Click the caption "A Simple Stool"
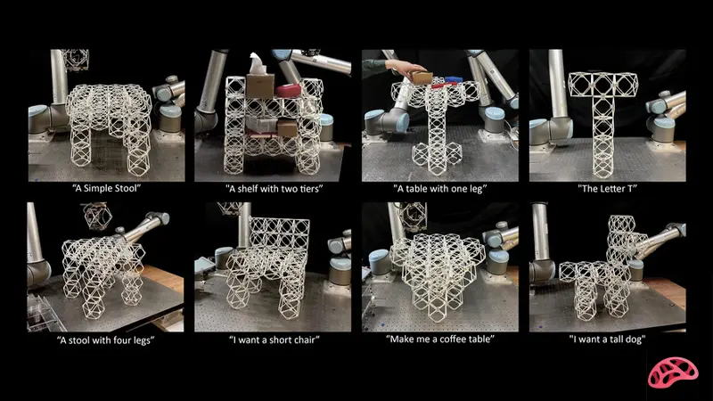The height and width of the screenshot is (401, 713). pos(107,188)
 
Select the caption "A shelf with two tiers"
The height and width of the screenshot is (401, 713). pos(275,189)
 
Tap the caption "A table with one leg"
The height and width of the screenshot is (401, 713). pos(439,189)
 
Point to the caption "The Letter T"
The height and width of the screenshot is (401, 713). pos(608,188)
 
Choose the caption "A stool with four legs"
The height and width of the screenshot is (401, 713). pos(105,340)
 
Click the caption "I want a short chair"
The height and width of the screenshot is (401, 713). pos(275,340)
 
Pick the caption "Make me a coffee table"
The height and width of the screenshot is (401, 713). pos(439,340)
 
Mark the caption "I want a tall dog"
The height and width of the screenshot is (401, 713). pos(608,340)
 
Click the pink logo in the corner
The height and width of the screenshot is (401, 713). pos(673,372)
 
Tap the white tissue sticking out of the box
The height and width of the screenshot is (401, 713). pos(256,63)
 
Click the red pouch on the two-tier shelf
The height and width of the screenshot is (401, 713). pos(289,90)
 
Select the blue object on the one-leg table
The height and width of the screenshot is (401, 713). pos(454,79)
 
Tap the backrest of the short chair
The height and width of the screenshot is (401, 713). pos(280,234)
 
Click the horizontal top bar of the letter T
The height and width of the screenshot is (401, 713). pos(603,85)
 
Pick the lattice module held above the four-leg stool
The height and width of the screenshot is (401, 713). pos(98,216)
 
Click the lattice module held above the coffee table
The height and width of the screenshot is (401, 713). pos(413,216)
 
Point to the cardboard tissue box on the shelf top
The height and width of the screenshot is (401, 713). pos(260,86)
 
